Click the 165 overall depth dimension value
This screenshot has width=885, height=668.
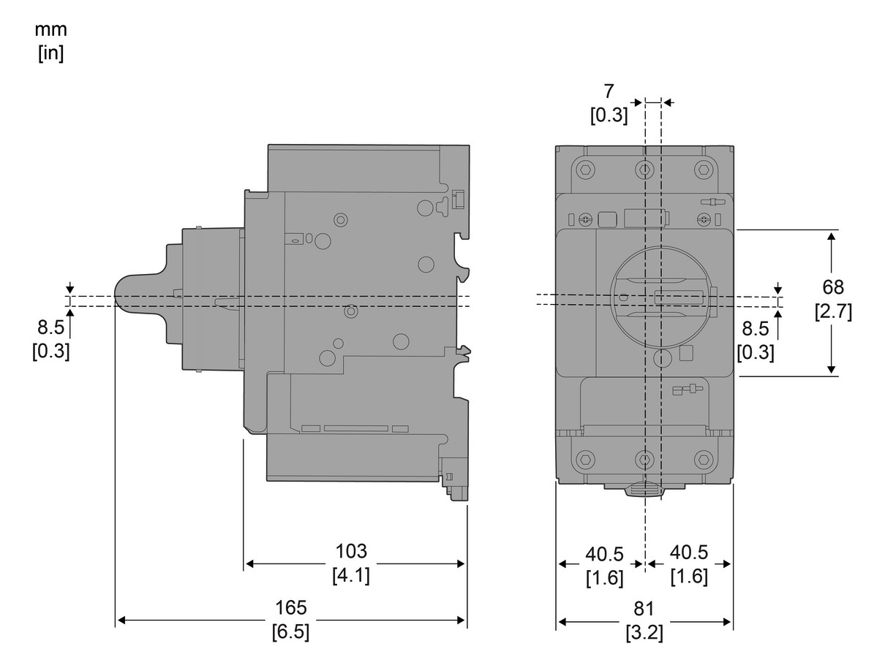pyautogui.click(x=291, y=607)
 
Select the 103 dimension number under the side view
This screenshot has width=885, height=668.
pyautogui.click(x=351, y=551)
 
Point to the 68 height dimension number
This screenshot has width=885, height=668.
pyautogui.click(x=833, y=286)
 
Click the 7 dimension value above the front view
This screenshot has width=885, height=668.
pyautogui.click(x=609, y=91)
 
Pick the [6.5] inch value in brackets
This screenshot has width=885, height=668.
pyautogui.click(x=290, y=632)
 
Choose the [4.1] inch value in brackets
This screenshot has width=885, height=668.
pyautogui.click(x=351, y=575)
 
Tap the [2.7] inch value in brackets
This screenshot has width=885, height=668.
pyautogui.click(x=833, y=311)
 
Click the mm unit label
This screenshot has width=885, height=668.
pyautogui.click(x=51, y=31)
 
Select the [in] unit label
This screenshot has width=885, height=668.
pyautogui.click(x=51, y=54)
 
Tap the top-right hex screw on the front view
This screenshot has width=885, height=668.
pyautogui.click(x=704, y=170)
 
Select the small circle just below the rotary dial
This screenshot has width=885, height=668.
pyautogui.click(x=663, y=358)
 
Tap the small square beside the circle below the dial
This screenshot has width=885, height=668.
pyautogui.click(x=686, y=354)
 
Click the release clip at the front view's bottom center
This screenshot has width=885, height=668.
pyautogui.click(x=644, y=489)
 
